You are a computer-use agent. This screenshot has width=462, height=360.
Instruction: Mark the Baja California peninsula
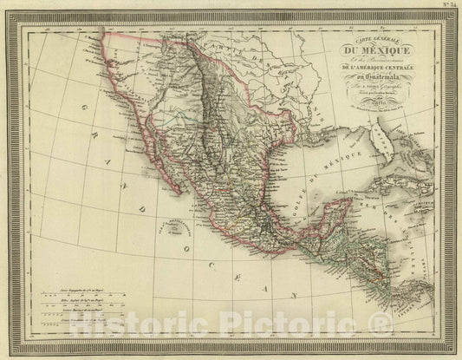click(x=156, y=147)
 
